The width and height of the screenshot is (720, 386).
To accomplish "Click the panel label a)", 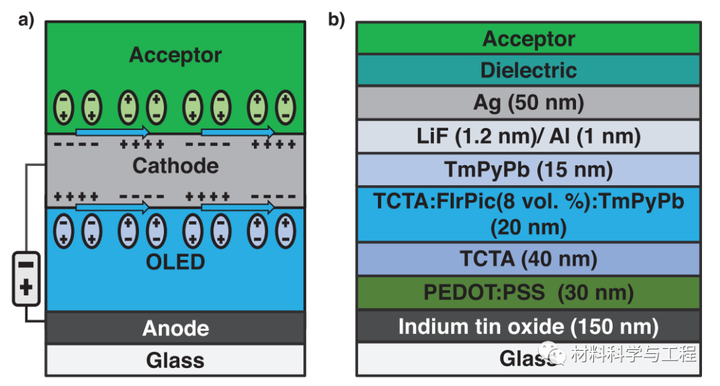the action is (x=26, y=20).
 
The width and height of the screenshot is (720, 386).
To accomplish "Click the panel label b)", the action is (x=336, y=20).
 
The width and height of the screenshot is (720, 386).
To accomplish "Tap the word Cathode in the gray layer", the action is (x=175, y=166).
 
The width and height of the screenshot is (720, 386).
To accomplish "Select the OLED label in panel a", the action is (x=175, y=262).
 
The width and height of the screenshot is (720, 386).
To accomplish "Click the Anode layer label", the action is (x=175, y=328).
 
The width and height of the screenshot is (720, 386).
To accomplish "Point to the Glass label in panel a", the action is (x=175, y=360).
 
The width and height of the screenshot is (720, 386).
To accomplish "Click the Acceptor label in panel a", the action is (x=175, y=55).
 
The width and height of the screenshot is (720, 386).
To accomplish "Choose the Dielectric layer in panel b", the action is (x=529, y=70).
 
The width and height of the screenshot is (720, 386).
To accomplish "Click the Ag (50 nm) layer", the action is (x=529, y=103).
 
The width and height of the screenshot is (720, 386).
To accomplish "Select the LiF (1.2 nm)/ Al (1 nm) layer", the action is (x=529, y=136).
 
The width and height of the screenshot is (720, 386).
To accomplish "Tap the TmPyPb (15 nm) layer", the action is (x=529, y=170).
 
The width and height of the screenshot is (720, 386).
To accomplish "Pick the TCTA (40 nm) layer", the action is (x=529, y=259).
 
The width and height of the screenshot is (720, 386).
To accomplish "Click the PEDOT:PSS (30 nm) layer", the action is (x=529, y=293).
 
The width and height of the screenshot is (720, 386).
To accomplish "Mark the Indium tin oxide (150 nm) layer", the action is (x=529, y=326).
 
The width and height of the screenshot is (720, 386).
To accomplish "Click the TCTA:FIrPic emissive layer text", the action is (x=529, y=215).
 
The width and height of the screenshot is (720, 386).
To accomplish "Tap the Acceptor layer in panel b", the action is (x=529, y=39).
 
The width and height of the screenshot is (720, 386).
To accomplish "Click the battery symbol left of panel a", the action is (x=26, y=279).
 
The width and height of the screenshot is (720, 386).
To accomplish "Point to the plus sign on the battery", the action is (x=26, y=288).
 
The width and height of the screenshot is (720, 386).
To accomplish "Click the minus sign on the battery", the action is (x=26, y=265).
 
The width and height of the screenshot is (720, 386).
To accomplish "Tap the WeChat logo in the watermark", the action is (x=553, y=353).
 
